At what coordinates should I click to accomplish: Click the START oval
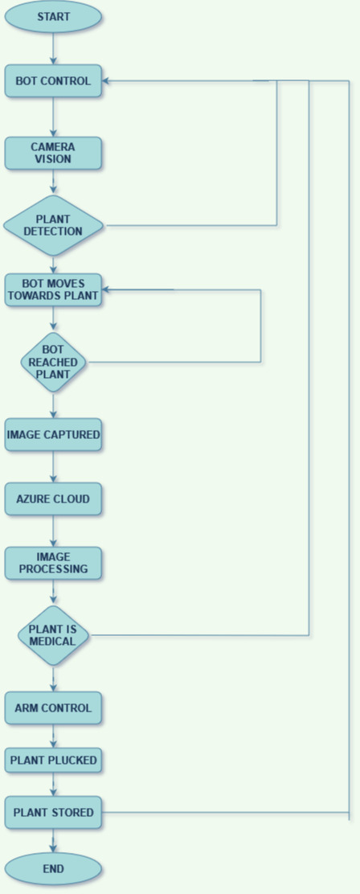pos(53,17)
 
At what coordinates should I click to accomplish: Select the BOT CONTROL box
pos(53,81)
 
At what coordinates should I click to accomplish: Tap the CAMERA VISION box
pos(53,153)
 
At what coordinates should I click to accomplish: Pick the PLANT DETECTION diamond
pos(53,225)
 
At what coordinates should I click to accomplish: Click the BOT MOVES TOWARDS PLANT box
pos(53,289)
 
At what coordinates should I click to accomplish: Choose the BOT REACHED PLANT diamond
pos(54,362)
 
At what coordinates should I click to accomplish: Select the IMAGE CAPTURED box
pos(53,434)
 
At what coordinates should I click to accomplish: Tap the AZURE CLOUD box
pos(53,499)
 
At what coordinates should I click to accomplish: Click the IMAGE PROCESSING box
pos(53,564)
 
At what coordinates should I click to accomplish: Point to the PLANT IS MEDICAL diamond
pos(53,635)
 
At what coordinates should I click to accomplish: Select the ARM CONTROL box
pos(53,708)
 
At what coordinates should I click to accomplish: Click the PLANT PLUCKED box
pos(53,760)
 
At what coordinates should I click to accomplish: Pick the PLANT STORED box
pos(53,813)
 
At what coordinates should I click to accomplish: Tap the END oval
pos(53,869)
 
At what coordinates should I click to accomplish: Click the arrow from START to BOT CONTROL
pos(54,49)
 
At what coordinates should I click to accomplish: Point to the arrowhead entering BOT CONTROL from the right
pos(107,81)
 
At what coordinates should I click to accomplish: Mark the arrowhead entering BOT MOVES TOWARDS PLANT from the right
pos(107,289)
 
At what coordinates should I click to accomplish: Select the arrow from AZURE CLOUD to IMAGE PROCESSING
pos(54,531)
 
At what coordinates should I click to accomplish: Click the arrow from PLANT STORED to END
pos(54,841)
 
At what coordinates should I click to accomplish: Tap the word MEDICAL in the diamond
pos(53,642)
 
